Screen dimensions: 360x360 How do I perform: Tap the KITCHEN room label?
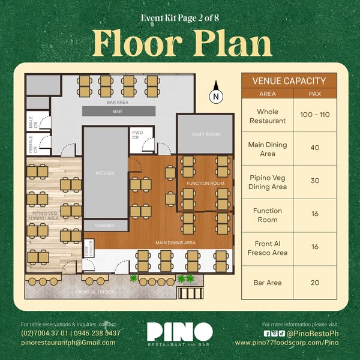pyautogui.click(x=105, y=173)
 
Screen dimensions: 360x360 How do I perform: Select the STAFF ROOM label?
pyautogui.click(x=206, y=134)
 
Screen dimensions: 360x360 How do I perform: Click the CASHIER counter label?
pyautogui.click(x=104, y=226)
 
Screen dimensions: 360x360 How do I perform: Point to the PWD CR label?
pyautogui.click(x=137, y=135)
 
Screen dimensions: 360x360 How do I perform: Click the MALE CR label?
pyautogui.click(x=33, y=122)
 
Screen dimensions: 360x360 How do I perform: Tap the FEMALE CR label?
pyautogui.click(x=33, y=145)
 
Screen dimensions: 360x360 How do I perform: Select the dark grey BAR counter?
pyautogui.click(x=119, y=112)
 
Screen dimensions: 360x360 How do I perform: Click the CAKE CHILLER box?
pyautogui.click(x=89, y=248)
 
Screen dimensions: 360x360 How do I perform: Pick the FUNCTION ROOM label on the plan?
pyautogui.click(x=205, y=184)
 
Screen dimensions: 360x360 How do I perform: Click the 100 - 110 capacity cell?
pyautogui.click(x=315, y=115)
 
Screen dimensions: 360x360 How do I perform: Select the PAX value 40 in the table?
pyautogui.click(x=315, y=148)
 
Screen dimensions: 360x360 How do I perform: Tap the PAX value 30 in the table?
pyautogui.click(x=315, y=181)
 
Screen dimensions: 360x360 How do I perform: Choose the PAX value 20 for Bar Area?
pyautogui.click(x=315, y=283)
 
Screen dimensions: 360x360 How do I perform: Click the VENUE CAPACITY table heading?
pyautogui.click(x=289, y=81)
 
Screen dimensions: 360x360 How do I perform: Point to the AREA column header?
pyautogui.click(x=268, y=94)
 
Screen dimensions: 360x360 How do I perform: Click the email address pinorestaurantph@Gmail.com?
pyautogui.click(x=68, y=343)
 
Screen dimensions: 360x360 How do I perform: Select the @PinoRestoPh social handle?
pyautogui.click(x=313, y=334)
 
